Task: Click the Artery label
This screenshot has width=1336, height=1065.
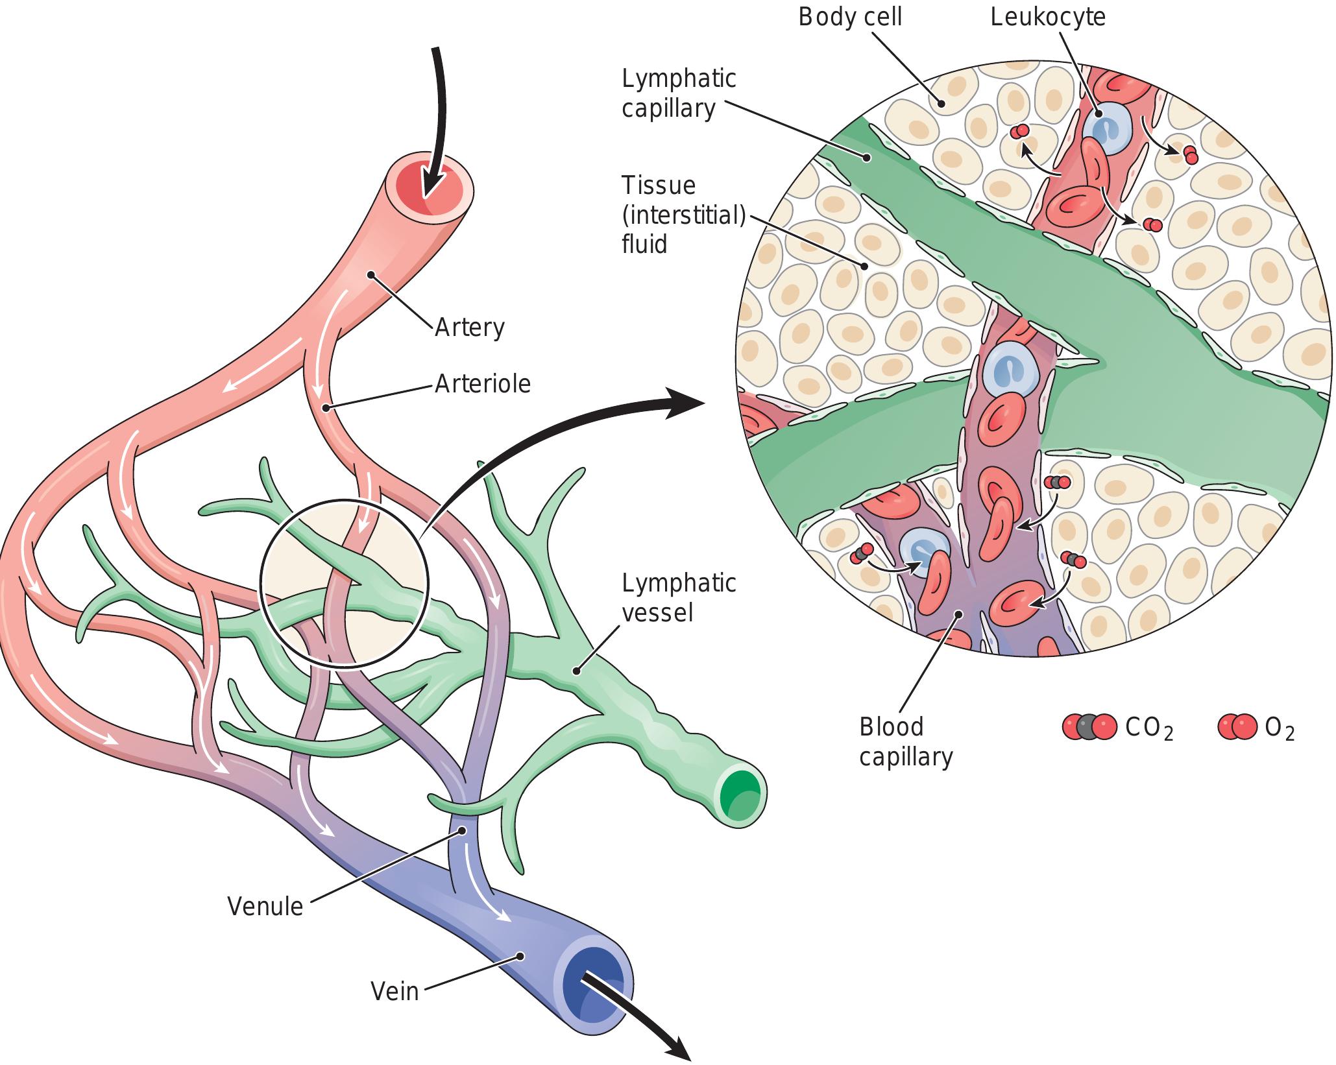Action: click(469, 327)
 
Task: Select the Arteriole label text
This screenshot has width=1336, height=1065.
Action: click(482, 384)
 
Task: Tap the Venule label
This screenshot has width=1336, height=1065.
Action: click(265, 906)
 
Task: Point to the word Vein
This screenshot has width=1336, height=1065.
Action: click(395, 990)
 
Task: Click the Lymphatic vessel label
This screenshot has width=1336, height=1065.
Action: click(679, 597)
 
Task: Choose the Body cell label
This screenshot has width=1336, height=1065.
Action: click(849, 17)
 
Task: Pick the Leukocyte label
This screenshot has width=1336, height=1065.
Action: click(1047, 17)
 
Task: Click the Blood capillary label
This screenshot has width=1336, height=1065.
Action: click(906, 741)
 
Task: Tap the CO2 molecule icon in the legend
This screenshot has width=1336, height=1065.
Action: click(1089, 727)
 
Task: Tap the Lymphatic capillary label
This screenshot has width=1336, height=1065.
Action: click(679, 93)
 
